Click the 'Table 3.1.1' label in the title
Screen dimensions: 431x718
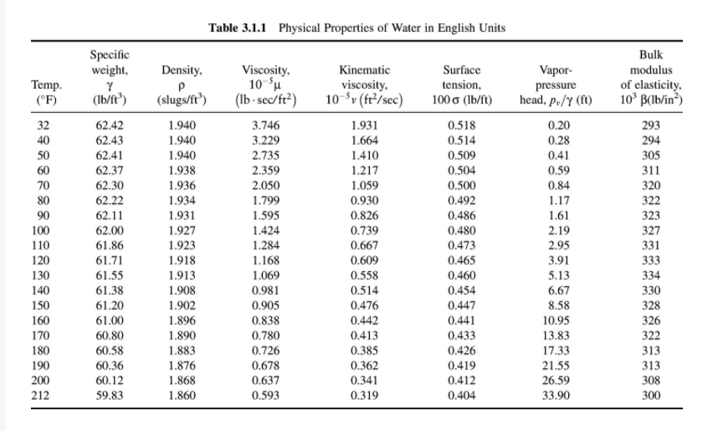pyautogui.click(x=240, y=28)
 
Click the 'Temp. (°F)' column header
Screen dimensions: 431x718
pyautogui.click(x=44, y=92)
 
